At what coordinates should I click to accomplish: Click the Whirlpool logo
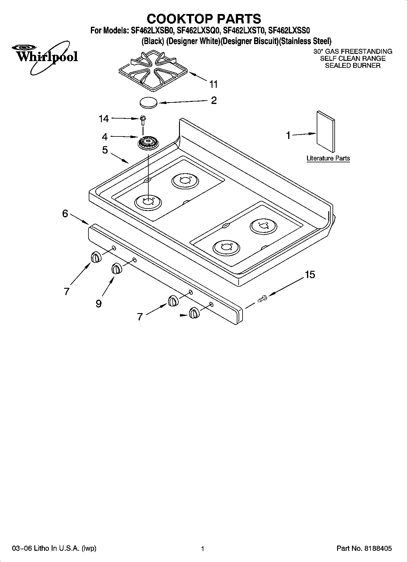click(45, 57)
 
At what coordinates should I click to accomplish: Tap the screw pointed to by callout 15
click(262, 298)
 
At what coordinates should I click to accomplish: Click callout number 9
click(98, 303)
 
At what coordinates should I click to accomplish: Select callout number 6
click(65, 214)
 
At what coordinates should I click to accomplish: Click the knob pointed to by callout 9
click(116, 268)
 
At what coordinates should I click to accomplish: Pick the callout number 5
click(105, 150)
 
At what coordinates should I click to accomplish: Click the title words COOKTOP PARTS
click(204, 19)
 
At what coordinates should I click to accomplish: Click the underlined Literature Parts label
click(328, 158)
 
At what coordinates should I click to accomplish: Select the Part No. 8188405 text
click(364, 549)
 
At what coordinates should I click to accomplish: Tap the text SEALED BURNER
click(353, 66)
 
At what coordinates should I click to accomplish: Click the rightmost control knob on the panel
click(194, 313)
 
